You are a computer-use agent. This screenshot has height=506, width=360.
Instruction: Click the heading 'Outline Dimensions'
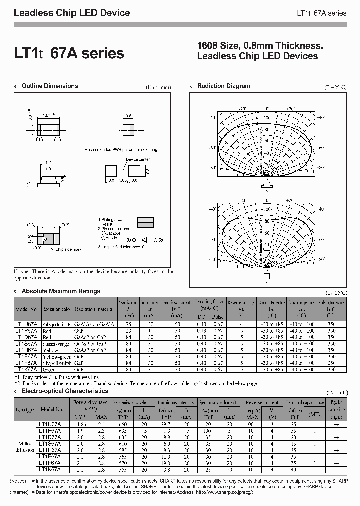50,86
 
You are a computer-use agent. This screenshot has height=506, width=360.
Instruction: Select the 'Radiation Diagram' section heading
224,86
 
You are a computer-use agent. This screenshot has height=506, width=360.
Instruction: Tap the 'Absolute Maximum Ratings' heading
61,291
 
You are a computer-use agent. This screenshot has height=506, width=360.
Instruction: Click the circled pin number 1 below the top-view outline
39,140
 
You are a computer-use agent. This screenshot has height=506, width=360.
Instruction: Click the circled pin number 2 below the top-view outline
57,140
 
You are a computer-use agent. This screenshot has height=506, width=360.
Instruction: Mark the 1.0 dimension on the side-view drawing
49,169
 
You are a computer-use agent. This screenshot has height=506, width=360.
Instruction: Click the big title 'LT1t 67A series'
69,53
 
